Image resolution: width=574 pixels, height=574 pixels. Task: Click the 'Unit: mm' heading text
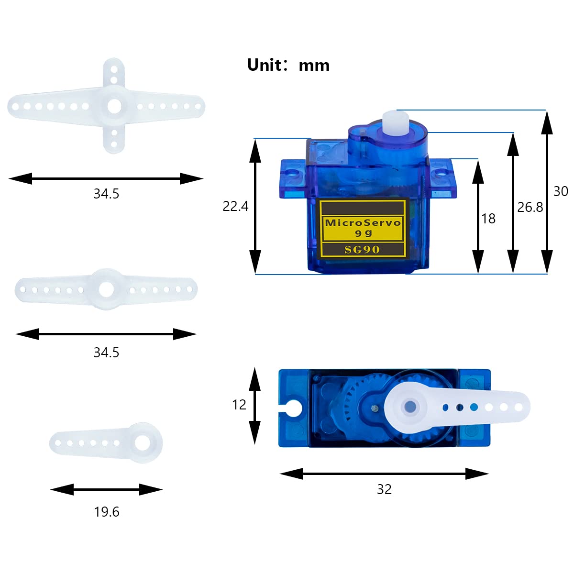coord(288,65)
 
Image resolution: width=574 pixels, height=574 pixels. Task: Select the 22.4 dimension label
coord(235,206)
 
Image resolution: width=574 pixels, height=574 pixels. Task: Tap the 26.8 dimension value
coord(530,207)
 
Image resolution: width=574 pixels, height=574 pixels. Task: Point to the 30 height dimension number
coord(560,191)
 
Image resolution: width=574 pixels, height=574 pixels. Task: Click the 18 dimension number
coord(488,219)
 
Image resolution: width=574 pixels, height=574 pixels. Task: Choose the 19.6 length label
coord(106,512)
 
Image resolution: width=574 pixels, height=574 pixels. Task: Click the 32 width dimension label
coord(384,489)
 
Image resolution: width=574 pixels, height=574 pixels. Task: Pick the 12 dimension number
coord(239,405)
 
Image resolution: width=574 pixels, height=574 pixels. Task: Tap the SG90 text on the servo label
coord(362,250)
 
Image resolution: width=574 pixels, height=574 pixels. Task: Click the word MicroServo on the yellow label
coord(363,222)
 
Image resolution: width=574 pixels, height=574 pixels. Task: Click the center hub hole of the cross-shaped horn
coord(114,106)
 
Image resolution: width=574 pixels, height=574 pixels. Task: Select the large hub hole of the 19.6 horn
coord(143,442)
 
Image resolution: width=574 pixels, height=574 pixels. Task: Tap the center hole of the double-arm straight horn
coord(106,289)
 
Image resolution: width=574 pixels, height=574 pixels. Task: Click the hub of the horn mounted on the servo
coord(410,407)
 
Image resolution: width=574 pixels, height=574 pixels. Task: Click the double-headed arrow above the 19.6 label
coord(106,489)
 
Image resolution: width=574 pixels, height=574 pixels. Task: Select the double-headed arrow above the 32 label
coord(384,474)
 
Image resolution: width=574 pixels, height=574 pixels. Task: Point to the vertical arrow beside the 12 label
coord(255,406)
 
